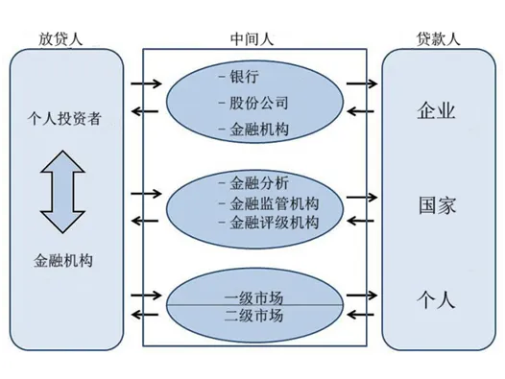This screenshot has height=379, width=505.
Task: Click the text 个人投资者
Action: coord(65,118)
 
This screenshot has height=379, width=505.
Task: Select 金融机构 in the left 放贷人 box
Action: coord(65,260)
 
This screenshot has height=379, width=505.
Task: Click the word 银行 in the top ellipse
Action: coord(245,75)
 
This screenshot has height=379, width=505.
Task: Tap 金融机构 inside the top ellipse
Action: coord(258,129)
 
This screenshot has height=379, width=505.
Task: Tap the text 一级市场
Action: coord(253,294)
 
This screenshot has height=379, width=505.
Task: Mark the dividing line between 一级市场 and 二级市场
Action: coord(253,304)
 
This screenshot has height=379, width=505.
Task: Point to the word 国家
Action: coord(440,205)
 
